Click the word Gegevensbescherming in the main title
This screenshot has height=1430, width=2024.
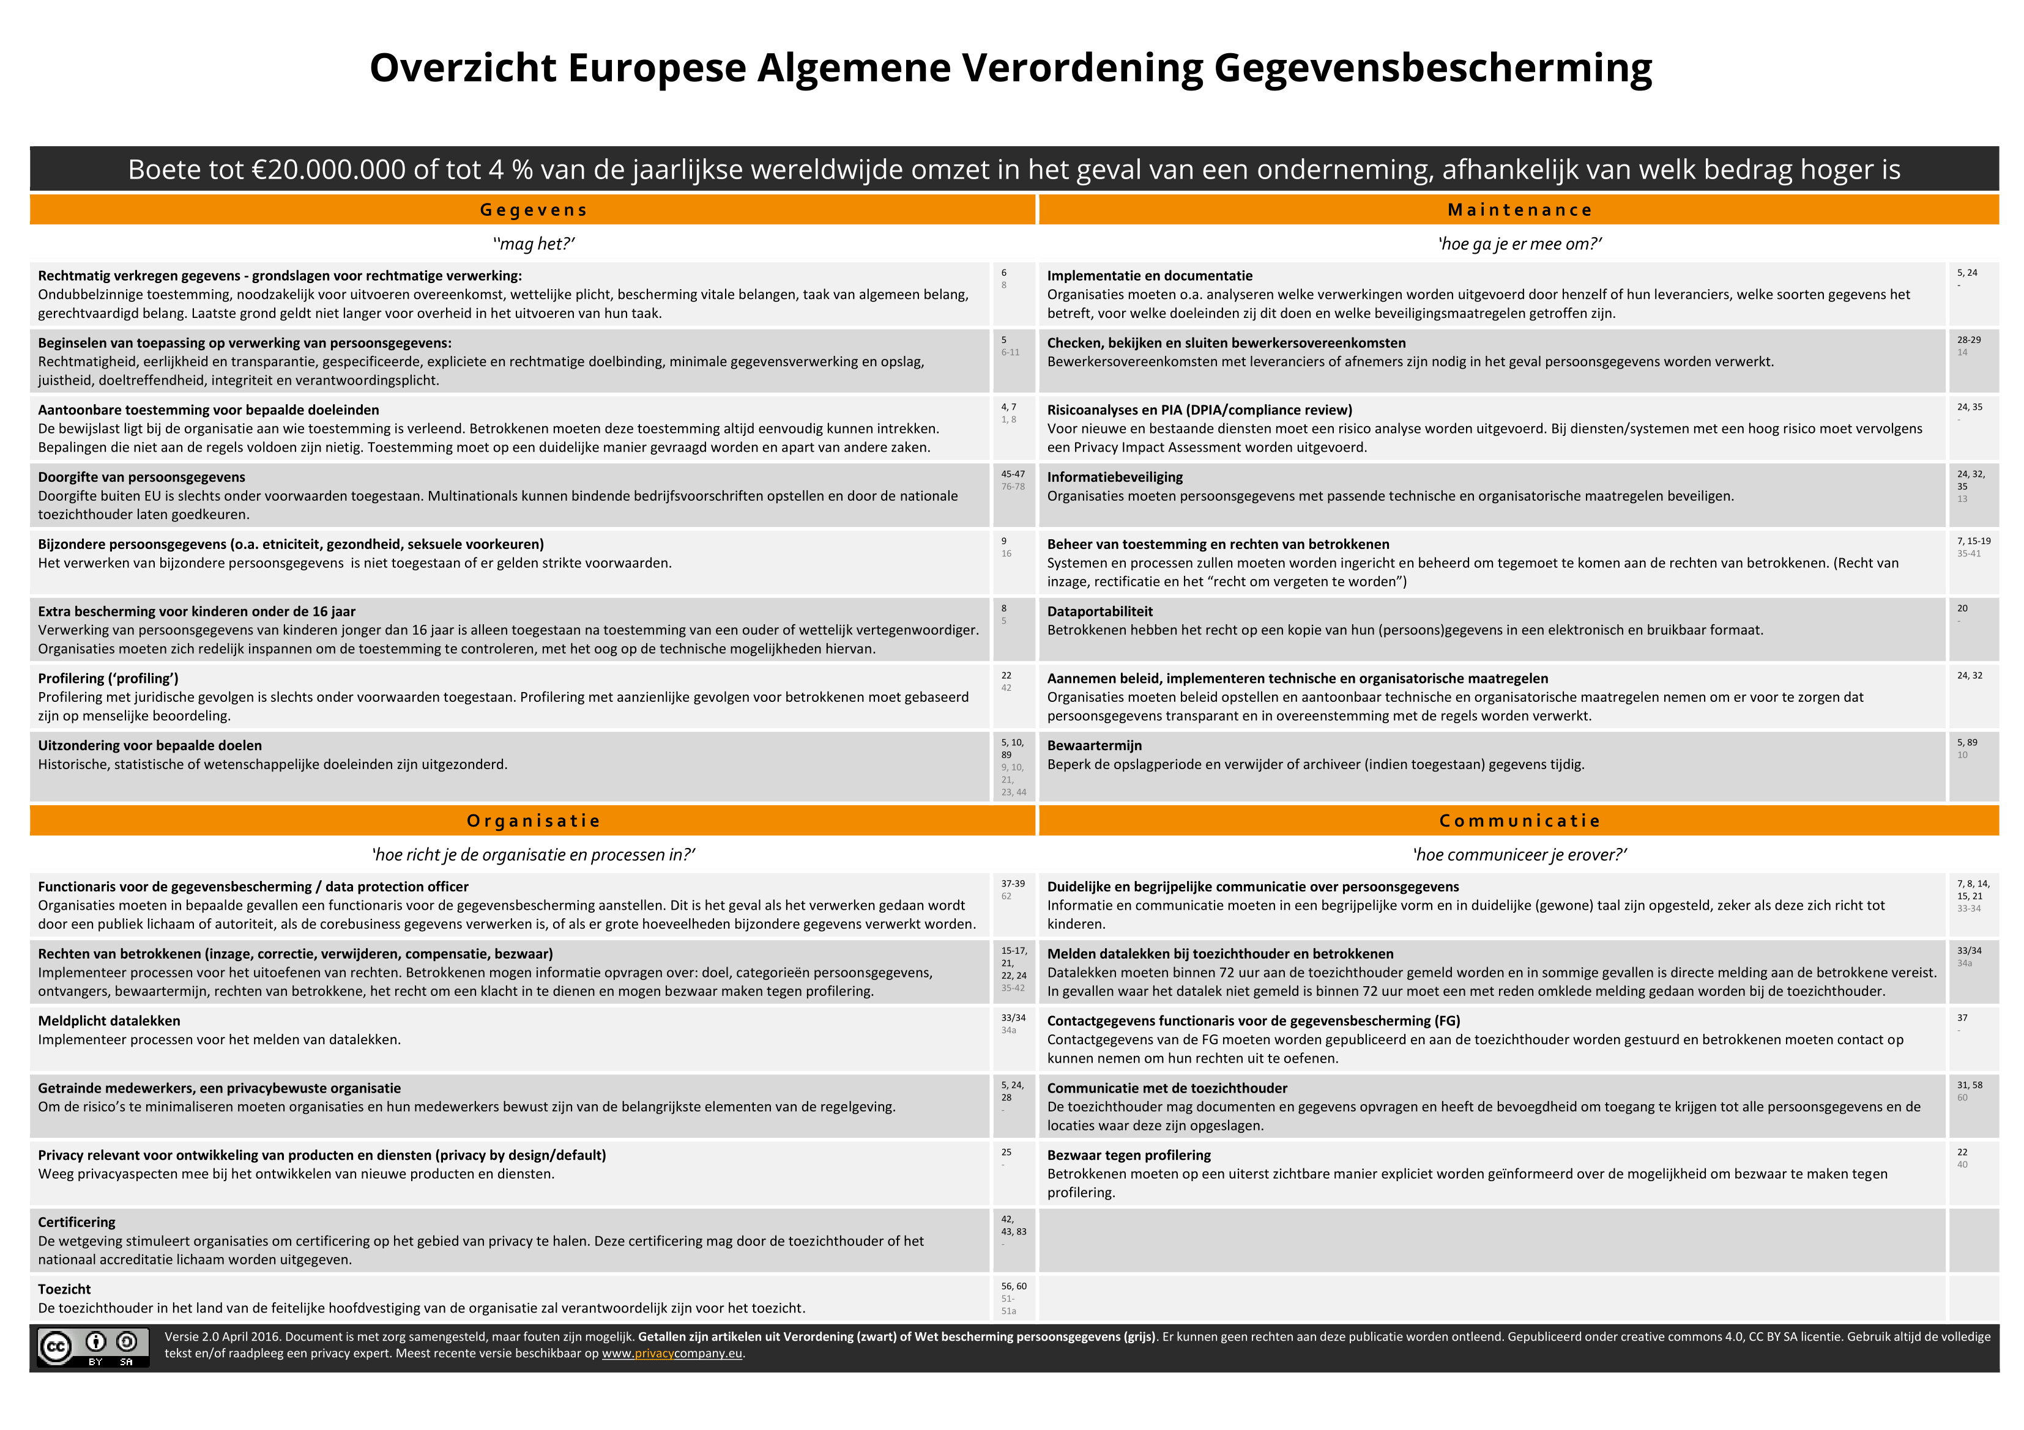1432,68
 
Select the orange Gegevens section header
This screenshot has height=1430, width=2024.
532,210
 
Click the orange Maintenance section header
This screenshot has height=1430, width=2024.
1519,210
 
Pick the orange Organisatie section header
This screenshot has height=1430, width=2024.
532,820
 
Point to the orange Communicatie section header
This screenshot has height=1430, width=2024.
1519,820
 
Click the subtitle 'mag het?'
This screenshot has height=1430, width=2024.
534,244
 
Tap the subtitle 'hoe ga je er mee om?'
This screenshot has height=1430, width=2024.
1519,244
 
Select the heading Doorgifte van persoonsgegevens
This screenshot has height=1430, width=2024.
141,477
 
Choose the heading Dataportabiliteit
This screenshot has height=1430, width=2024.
1099,611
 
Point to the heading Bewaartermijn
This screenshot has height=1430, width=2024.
1094,745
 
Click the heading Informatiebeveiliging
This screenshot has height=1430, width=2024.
1114,477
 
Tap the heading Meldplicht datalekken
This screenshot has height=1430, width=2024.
108,1020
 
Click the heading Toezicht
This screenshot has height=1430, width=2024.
64,1289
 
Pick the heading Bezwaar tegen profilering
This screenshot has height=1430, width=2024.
1128,1155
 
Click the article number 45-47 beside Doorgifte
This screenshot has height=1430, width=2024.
1012,474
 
